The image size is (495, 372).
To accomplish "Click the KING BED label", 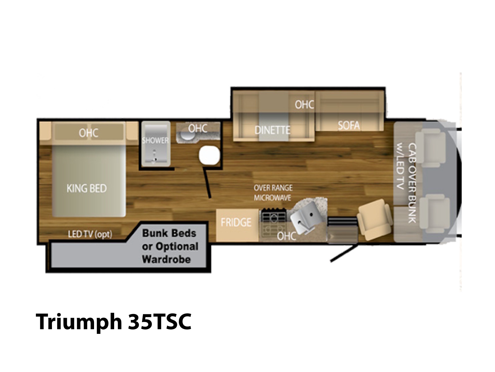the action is [x=87, y=188].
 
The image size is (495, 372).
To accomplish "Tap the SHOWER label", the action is [x=155, y=140].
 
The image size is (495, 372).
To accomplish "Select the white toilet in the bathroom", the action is [x=209, y=155].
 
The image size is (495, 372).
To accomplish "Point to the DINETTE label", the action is [x=273, y=130].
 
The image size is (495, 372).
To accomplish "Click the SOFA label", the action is [x=349, y=126].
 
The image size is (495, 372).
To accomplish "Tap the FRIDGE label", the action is [x=236, y=223].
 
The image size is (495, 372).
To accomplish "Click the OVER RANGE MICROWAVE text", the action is [x=273, y=193].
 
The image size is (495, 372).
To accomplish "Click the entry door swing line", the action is [x=344, y=254].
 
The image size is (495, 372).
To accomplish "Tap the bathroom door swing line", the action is [x=207, y=182].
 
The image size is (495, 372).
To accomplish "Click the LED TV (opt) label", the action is [x=90, y=234].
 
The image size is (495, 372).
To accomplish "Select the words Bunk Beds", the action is [x=169, y=233].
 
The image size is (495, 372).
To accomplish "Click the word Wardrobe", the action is [x=166, y=259].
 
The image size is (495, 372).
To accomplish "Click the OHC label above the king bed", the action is [x=88, y=133].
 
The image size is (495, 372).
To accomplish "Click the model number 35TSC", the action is [x=160, y=321].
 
